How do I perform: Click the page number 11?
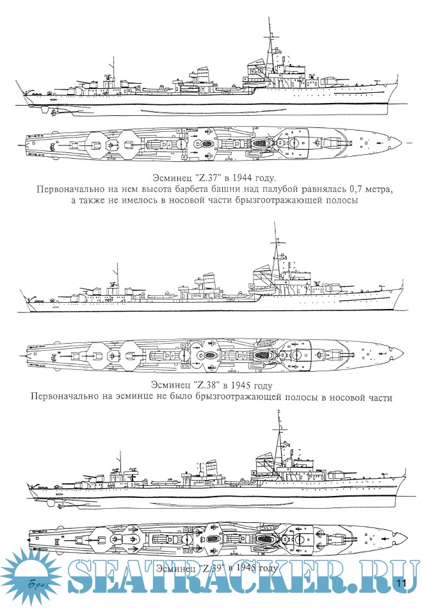point(402,582)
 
